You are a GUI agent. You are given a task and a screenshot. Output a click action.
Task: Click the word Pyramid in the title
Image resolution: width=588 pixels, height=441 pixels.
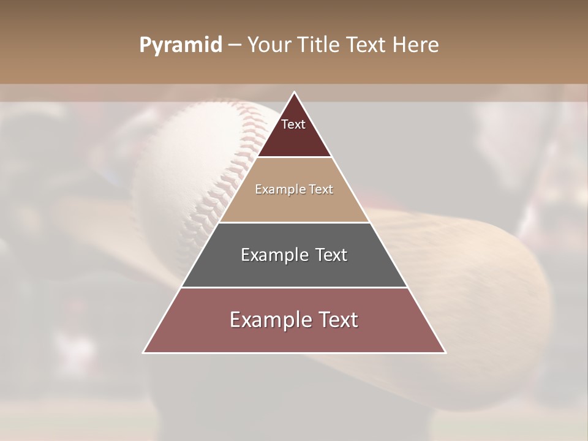[x=180, y=45]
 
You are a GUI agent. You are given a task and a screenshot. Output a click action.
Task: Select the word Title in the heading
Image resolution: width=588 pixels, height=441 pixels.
[x=320, y=45]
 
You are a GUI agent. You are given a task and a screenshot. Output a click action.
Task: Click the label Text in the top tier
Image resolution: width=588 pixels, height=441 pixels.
[x=293, y=124]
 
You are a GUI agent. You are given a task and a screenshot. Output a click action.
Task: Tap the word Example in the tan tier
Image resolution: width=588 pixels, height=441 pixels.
[x=275, y=189]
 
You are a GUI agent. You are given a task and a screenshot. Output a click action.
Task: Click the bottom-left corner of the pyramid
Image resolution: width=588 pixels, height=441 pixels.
[x=144, y=352]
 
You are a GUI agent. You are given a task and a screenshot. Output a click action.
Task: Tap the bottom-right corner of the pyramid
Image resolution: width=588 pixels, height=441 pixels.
[x=445, y=352]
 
